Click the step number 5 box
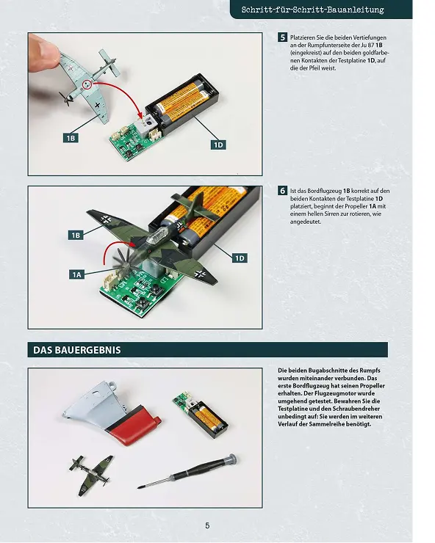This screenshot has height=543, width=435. click(282, 37)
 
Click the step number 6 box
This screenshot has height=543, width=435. click(282, 191)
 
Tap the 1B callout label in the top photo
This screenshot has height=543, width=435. click(71, 138)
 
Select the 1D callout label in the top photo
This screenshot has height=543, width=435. click(218, 145)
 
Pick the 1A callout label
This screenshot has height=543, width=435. click(76, 275)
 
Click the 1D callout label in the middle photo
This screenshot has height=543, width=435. click(240, 258)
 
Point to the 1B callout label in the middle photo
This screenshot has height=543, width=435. click(76, 236)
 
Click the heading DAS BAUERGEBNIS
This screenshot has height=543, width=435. click(77, 350)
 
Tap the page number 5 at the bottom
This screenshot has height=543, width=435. click(207, 525)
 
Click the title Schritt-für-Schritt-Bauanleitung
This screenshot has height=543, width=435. click(312, 10)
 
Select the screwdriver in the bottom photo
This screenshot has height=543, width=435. click(187, 472)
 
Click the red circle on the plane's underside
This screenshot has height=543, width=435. click(87, 84)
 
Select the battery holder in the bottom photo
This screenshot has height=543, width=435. click(209, 418)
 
